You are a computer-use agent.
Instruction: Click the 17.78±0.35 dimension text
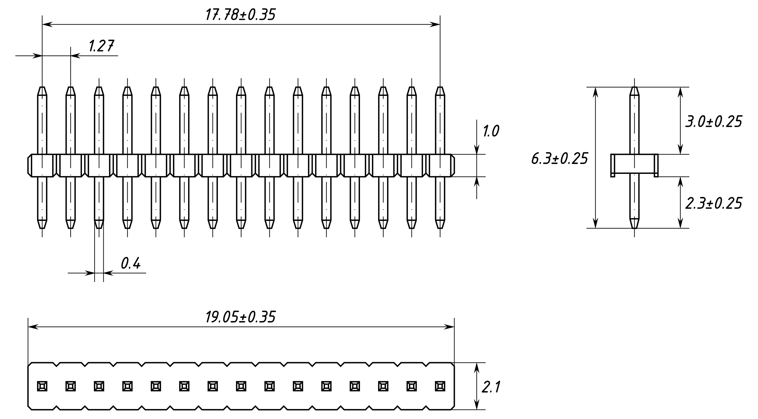240,14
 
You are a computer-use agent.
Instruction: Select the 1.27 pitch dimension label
101,46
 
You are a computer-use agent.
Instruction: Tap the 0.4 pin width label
131,263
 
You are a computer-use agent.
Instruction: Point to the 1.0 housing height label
491,131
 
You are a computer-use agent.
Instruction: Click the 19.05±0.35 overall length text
240,317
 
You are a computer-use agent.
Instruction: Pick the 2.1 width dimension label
491,387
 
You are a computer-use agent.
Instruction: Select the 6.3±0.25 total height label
559,159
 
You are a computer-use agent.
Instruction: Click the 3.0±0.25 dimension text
714,122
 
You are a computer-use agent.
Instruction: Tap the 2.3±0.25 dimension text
714,203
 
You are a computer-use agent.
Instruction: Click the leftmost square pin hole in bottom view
42,386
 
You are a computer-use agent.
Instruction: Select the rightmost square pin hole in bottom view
440,386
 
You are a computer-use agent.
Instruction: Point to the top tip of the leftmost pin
42,87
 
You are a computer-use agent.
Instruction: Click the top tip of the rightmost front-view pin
440,87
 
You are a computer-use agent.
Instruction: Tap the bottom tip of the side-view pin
634,228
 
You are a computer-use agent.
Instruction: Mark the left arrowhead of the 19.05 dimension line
33,327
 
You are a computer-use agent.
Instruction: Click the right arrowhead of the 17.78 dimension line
435,25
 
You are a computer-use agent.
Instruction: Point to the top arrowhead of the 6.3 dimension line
595,92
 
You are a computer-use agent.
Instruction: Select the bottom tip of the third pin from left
99,228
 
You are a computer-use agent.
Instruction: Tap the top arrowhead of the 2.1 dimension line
477,368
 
